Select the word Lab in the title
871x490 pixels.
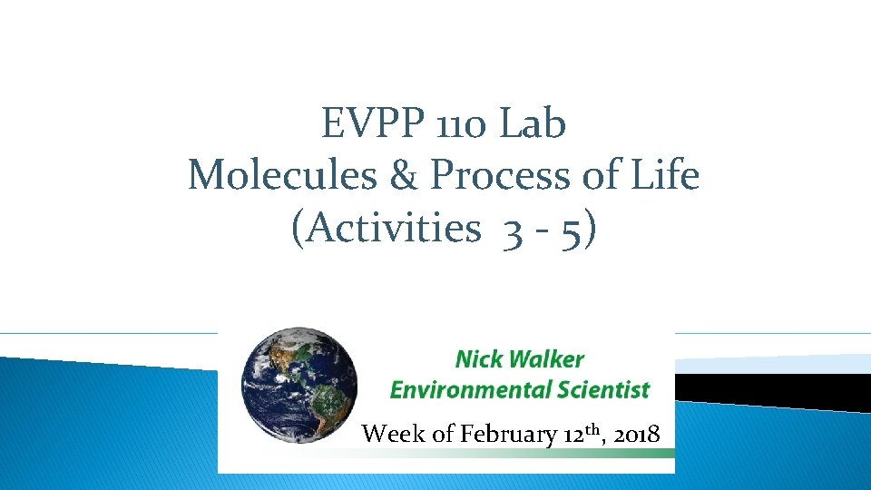pos(533,124)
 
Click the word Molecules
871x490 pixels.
pos(281,175)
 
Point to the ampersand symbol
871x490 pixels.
pos(404,175)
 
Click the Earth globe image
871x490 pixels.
pos(299,387)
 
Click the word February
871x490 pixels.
pos(508,435)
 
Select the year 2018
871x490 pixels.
pos(636,435)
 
